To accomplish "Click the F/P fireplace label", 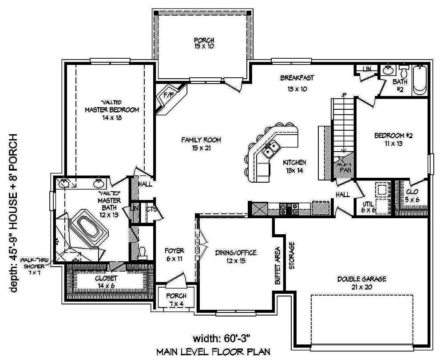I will [168, 95].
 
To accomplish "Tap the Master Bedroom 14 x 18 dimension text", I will [112, 118].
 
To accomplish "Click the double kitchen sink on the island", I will [270, 149].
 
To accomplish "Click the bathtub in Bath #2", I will [420, 80].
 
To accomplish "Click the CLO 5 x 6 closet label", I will [412, 196].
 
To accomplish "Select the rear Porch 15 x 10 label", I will [204, 43].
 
